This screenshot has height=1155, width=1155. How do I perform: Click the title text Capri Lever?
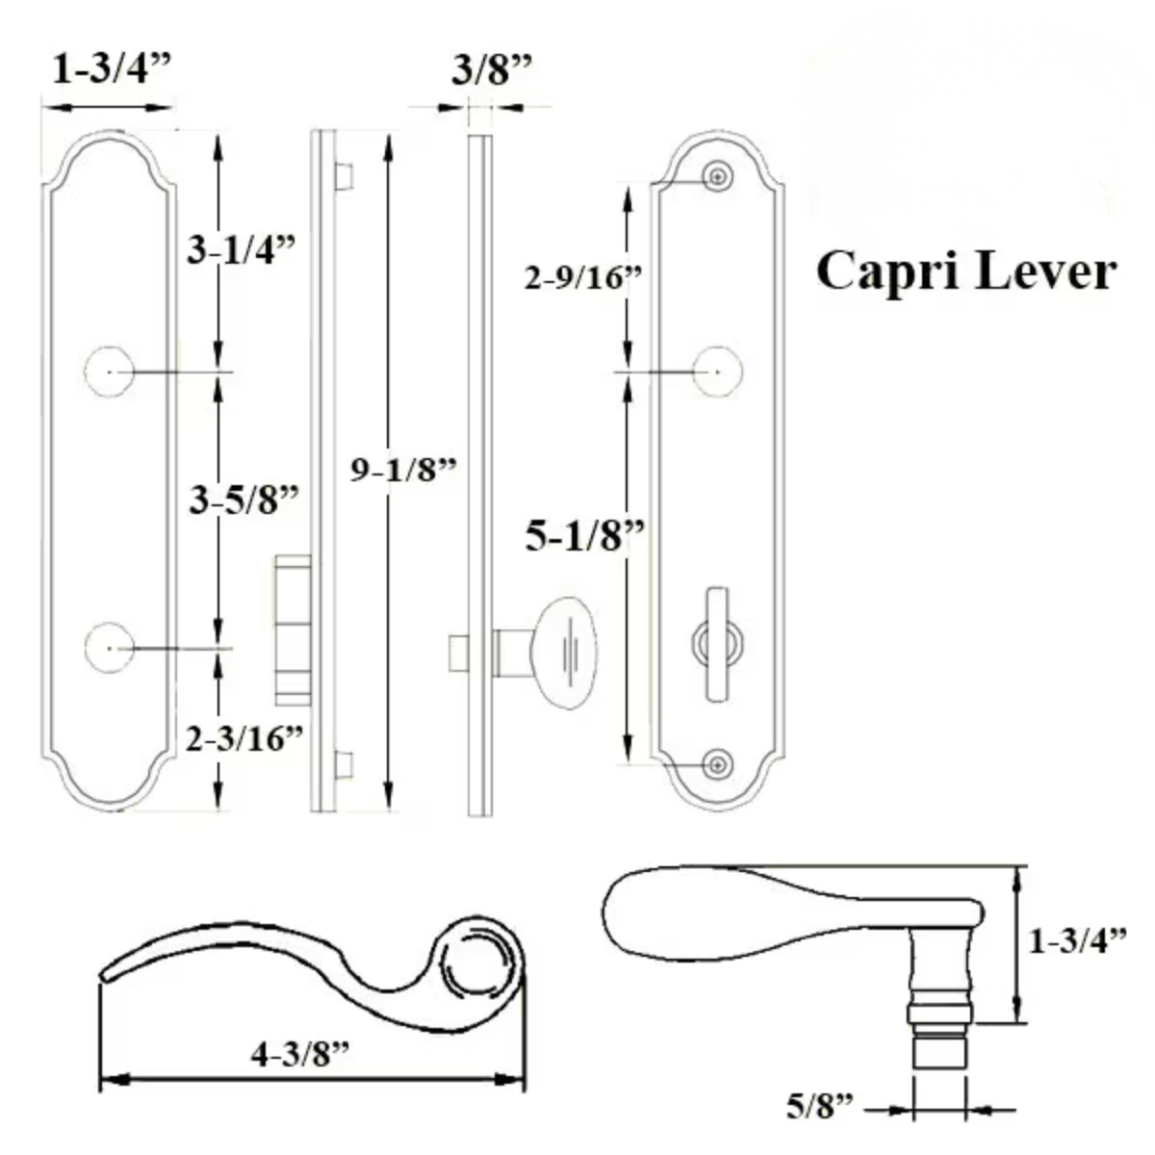coord(965,271)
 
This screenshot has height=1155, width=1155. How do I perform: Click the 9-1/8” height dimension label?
coord(403,470)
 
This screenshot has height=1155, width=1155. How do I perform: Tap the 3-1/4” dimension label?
coord(241,249)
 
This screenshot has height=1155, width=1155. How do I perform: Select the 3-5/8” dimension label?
coord(244,500)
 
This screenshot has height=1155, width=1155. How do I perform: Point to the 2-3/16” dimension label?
coord(244,738)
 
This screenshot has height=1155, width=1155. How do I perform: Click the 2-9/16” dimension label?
coord(582,277)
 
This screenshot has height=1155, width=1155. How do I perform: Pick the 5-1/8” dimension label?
coord(584,535)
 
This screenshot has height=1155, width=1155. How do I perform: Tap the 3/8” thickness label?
coord(492,70)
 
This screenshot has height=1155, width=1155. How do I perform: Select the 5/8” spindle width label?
coord(819,1105)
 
